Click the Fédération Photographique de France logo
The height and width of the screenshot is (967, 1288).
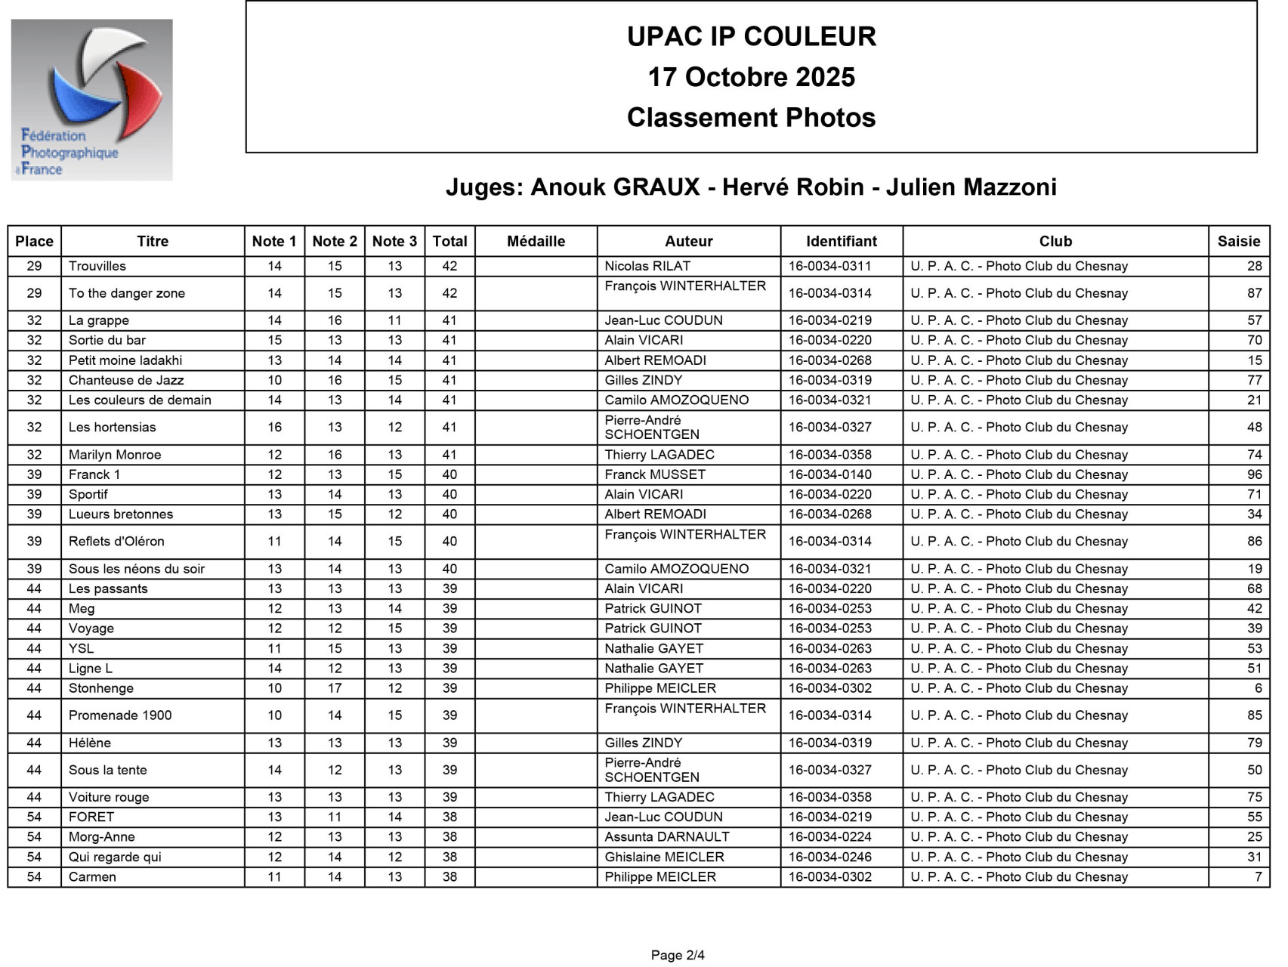coord(91,100)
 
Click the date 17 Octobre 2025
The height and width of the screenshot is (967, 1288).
coord(751,77)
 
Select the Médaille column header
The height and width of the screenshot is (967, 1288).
coord(536,241)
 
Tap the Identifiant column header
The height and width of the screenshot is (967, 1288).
coord(841,241)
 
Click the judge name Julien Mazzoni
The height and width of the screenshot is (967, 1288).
coord(971,187)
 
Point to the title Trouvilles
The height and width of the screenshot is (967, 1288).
coord(97,266)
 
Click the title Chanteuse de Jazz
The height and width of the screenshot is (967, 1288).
coord(126,380)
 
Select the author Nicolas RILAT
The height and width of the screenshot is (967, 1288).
coord(647,266)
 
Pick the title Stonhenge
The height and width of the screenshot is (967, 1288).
coord(101,688)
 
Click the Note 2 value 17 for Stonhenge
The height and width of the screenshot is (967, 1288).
coord(335,688)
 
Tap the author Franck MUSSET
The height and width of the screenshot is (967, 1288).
coord(655,474)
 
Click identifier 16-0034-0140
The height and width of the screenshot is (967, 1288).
coord(830,474)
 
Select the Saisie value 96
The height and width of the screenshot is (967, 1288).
coord(1254,474)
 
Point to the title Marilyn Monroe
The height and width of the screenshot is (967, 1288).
coord(115,455)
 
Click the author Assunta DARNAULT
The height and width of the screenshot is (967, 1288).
coord(667,837)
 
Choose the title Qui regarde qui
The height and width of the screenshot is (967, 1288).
coord(115,857)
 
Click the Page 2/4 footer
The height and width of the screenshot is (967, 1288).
coord(678,955)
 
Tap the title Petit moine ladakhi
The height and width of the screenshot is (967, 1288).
coord(125,360)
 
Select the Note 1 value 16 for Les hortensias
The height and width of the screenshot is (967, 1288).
coord(274,427)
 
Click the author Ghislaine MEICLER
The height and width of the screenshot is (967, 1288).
coord(664,857)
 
